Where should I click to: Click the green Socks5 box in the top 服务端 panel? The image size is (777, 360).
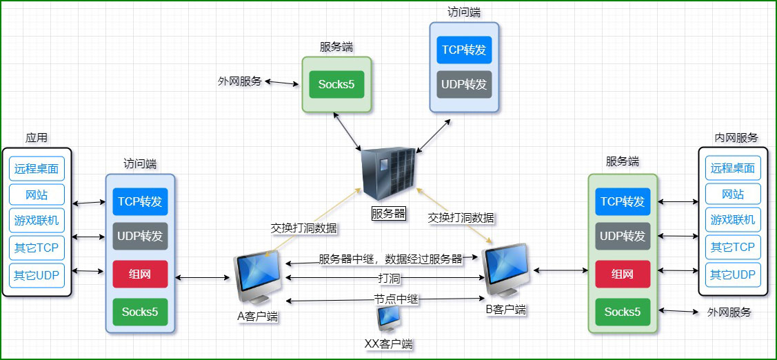tap(336, 84)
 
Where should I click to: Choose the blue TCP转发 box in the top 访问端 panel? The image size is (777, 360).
tap(464, 50)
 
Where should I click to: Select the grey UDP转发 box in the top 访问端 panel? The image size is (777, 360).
tap(464, 84)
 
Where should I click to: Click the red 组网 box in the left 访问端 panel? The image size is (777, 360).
tap(140, 274)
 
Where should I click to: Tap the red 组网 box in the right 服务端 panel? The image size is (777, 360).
tap(623, 274)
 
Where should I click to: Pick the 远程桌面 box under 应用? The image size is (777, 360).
tap(37, 168)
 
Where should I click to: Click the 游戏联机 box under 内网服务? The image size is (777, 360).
tap(733, 220)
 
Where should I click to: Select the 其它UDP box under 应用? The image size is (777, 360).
tap(37, 275)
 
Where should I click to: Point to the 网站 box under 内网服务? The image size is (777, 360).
tap(733, 194)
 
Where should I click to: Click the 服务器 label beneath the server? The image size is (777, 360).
tap(389, 213)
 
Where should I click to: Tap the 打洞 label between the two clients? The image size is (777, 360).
tap(389, 279)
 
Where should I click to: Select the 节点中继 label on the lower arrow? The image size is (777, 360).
tap(396, 299)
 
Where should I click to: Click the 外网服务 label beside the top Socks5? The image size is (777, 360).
tap(240, 81)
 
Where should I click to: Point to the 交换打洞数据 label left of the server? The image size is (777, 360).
tap(304, 227)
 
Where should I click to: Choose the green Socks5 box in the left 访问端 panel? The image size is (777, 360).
tap(140, 312)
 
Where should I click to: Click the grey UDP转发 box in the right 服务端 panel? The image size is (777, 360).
tap(623, 237)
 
